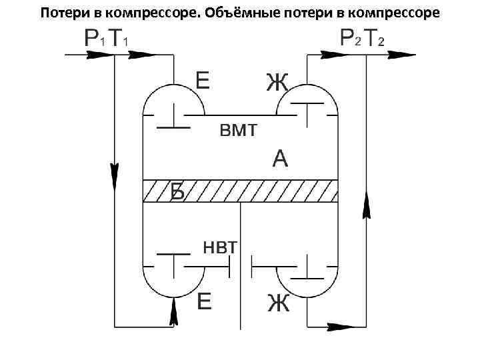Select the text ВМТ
(x=238, y=131)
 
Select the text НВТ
(x=219, y=248)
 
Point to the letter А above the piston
(x=281, y=159)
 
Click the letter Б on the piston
(x=177, y=191)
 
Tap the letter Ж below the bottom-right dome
(x=278, y=303)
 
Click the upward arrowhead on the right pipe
(x=366, y=203)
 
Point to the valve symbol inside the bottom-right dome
(x=306, y=269)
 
